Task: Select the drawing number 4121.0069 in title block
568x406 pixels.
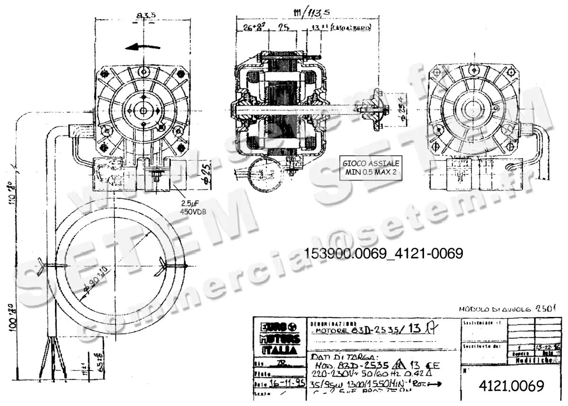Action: point(511,386)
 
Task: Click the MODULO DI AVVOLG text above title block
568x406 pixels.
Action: point(506,309)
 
